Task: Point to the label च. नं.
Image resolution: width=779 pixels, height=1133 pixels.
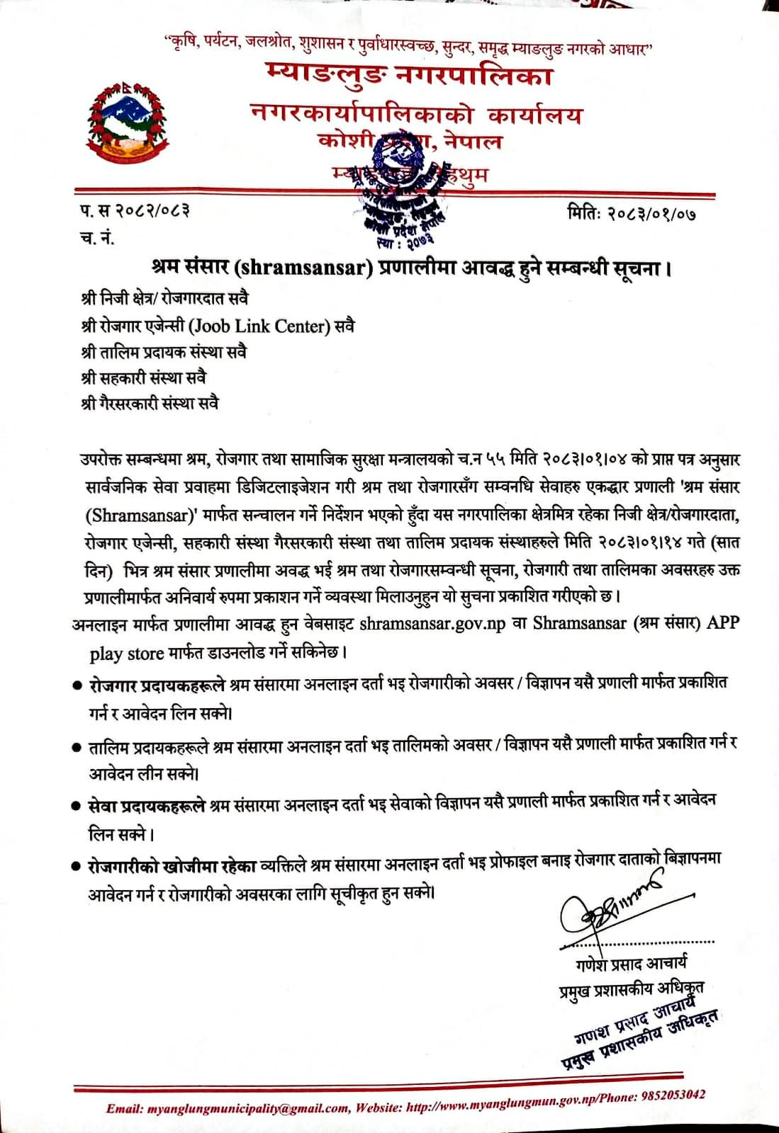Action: pos(97,238)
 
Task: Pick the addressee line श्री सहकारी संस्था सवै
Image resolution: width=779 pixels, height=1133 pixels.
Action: pos(144,377)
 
